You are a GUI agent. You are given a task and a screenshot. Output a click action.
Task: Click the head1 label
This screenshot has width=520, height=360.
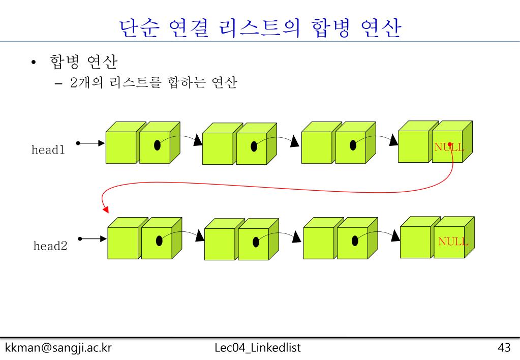tap(48, 150)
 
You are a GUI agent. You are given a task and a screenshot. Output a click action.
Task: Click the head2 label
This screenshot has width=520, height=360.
tap(50, 246)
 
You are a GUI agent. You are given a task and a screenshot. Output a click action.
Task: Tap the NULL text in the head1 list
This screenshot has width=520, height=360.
tap(449, 147)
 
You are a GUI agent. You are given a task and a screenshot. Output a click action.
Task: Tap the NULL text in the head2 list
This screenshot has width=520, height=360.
tap(453, 242)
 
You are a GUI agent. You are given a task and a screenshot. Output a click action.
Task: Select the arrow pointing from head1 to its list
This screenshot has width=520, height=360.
tap(90, 143)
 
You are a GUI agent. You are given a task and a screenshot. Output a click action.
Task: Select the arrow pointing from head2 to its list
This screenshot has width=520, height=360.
tap(92, 238)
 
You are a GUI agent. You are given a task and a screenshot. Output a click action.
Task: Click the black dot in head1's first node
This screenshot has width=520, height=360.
tap(158, 145)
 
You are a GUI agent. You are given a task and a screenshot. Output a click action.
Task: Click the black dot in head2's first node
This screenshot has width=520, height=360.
tap(160, 241)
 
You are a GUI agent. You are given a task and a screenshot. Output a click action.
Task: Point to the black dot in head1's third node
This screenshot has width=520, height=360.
tap(353, 145)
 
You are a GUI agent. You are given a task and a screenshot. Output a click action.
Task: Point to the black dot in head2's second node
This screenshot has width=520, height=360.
tap(256, 242)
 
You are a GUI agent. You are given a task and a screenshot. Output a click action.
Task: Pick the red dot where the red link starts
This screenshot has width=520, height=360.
tap(449, 144)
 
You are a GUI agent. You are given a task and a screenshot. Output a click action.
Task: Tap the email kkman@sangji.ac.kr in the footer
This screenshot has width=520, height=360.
tap(58, 348)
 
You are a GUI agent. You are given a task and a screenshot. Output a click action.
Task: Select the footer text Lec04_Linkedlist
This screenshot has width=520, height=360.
tap(258, 348)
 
